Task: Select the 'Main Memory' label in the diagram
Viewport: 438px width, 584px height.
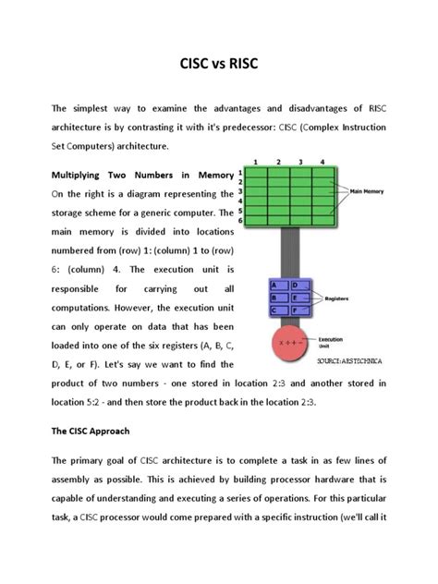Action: click(x=367, y=192)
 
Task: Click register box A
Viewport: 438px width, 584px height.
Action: click(x=274, y=286)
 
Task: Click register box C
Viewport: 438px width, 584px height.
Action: click(x=274, y=311)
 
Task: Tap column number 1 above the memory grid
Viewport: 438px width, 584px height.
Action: click(x=255, y=162)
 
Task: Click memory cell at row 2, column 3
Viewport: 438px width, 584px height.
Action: click(x=298, y=183)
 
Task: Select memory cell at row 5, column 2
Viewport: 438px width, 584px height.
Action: click(x=276, y=213)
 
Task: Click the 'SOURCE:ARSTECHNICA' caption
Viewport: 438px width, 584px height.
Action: click(x=348, y=359)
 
